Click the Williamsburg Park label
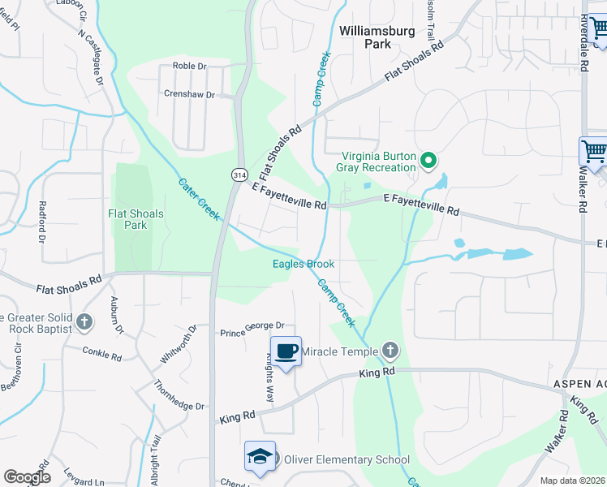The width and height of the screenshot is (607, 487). coord(377,37)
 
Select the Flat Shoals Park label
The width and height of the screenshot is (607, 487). coord(136,219)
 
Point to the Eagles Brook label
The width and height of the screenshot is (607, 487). coord(303,264)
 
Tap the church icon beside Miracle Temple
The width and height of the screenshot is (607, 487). coord(390,351)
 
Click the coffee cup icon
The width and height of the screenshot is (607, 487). coord(285,351)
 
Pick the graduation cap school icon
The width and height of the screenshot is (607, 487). coord(260,456)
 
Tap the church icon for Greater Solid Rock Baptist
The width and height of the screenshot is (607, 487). coord(84,322)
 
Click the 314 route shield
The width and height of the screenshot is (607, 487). coord(239,175)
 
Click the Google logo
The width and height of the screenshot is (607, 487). coord(27,477)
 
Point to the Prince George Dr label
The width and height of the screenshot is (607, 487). coord(252,333)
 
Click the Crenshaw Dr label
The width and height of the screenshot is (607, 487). coord(189,95)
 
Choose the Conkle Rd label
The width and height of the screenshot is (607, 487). coord(101,353)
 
